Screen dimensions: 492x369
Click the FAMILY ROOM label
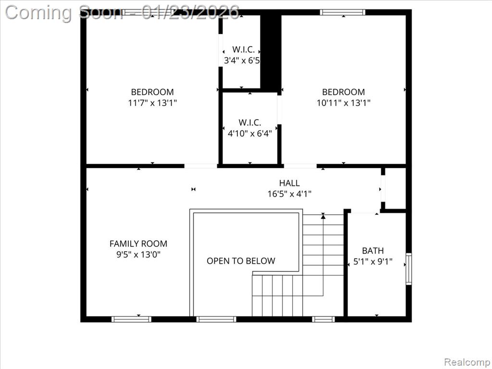tap(138, 244)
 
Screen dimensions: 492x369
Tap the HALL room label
tap(289, 183)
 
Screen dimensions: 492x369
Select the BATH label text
tap(373, 251)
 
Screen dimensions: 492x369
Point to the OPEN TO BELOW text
tap(241, 261)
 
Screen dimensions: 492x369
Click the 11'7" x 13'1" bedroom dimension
tap(152, 103)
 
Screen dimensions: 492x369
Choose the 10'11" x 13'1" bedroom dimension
tap(344, 103)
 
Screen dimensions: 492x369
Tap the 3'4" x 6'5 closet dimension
tap(242, 60)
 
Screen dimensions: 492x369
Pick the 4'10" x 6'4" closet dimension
tap(250, 134)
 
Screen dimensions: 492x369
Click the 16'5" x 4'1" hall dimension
tap(289, 194)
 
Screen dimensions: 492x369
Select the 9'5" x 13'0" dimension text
tap(138, 255)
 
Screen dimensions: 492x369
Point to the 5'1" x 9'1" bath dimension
tap(373, 261)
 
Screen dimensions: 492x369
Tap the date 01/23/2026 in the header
tap(190, 12)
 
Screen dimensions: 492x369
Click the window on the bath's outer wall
tap(408, 269)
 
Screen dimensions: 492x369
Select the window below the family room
tap(132, 319)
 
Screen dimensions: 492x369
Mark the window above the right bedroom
tap(343, 12)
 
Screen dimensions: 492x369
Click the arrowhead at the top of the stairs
tap(323, 216)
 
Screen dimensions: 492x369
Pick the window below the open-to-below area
tap(217, 319)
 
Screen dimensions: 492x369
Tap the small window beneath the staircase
tap(323, 319)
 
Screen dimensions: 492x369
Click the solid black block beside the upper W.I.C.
tap(271, 53)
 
